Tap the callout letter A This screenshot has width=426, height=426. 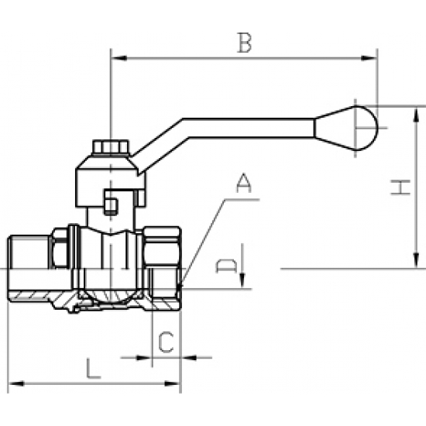(243, 184)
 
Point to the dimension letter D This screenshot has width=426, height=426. (225, 267)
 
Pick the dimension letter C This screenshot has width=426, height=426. (166, 342)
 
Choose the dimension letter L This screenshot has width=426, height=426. (93, 367)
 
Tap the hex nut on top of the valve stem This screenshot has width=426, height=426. (108, 147)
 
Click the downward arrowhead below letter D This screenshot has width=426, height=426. (242, 280)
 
